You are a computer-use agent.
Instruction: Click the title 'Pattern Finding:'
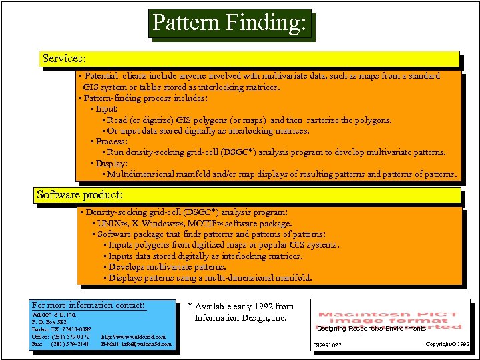(230, 23)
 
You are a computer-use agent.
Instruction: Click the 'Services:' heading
(63, 59)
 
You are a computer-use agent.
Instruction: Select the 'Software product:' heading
(79, 195)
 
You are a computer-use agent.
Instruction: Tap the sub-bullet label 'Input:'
(107, 109)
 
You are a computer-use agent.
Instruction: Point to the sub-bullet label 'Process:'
(111, 142)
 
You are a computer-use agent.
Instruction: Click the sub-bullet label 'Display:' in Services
(111, 164)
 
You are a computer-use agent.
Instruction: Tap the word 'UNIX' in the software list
(109, 224)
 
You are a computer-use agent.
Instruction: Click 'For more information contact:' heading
(89, 305)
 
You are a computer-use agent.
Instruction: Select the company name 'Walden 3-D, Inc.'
(55, 314)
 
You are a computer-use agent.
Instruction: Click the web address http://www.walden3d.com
(134, 337)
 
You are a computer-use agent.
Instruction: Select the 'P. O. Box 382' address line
(49, 321)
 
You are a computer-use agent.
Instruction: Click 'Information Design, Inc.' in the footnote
(240, 317)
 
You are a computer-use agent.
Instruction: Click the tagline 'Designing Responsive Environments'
(371, 329)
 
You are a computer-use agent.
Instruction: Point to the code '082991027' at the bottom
(328, 345)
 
